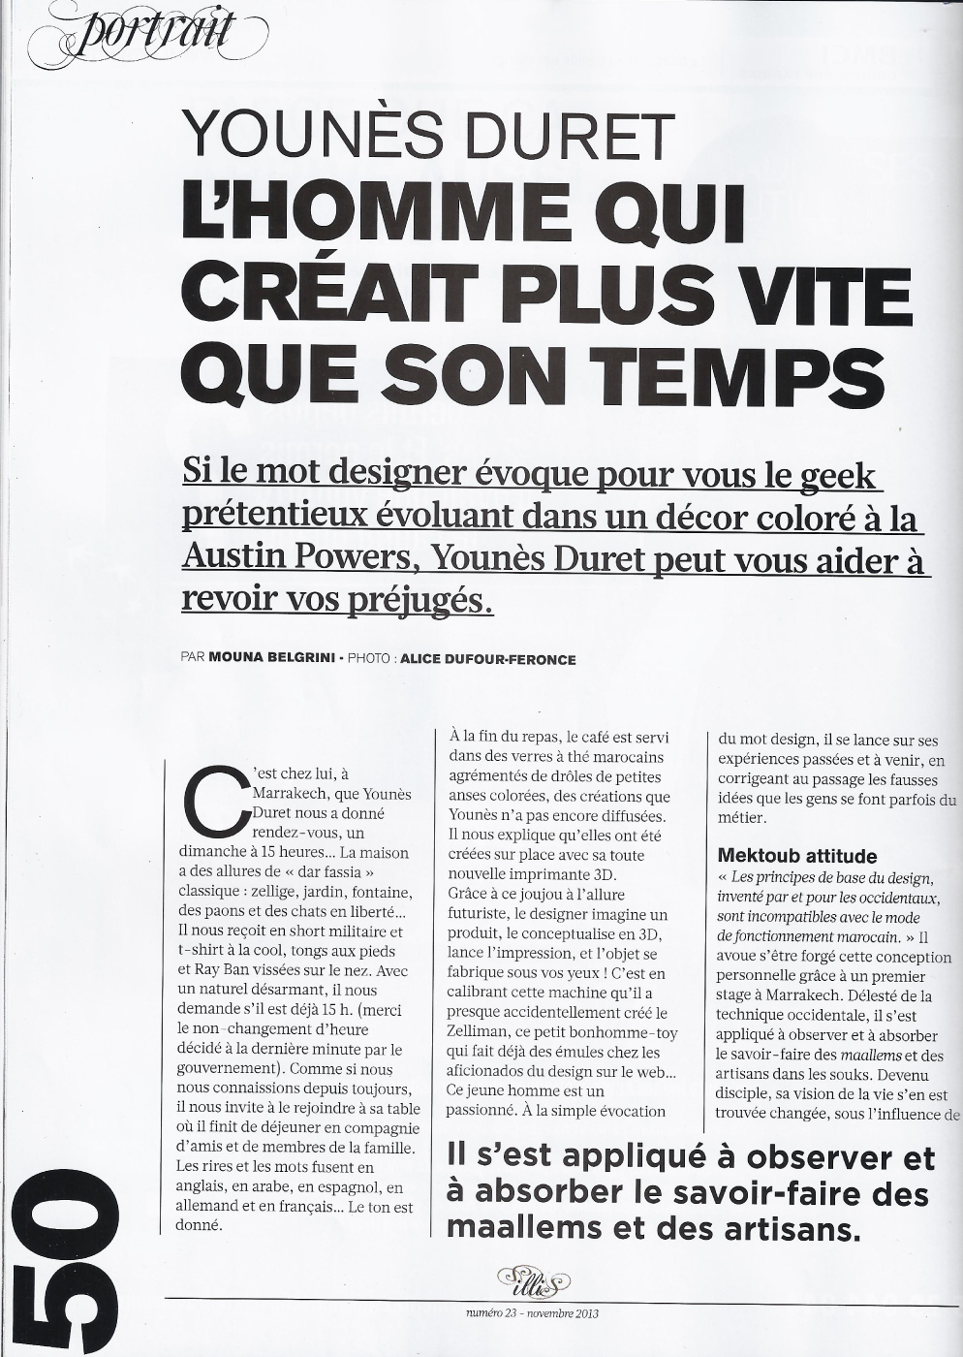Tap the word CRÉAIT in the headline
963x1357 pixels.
[333, 292]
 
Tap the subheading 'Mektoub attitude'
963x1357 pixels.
[796, 856]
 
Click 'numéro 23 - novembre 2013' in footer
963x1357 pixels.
[532, 1313]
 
